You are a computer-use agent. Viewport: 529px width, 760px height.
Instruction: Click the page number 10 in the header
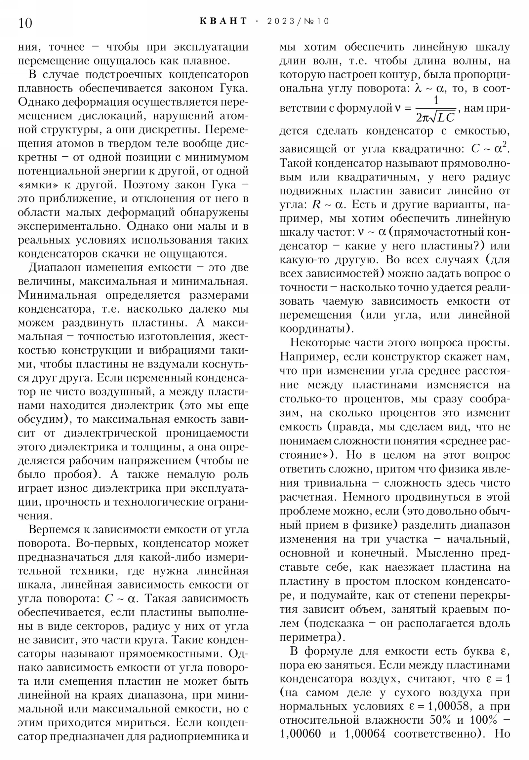click(25, 23)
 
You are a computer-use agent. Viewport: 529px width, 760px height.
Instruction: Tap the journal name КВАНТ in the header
click(224, 21)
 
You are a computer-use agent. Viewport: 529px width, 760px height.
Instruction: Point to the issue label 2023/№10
click(298, 21)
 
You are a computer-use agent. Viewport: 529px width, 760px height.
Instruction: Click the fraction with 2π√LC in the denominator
click(435, 109)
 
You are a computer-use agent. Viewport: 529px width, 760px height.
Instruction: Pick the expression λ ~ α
click(428, 89)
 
